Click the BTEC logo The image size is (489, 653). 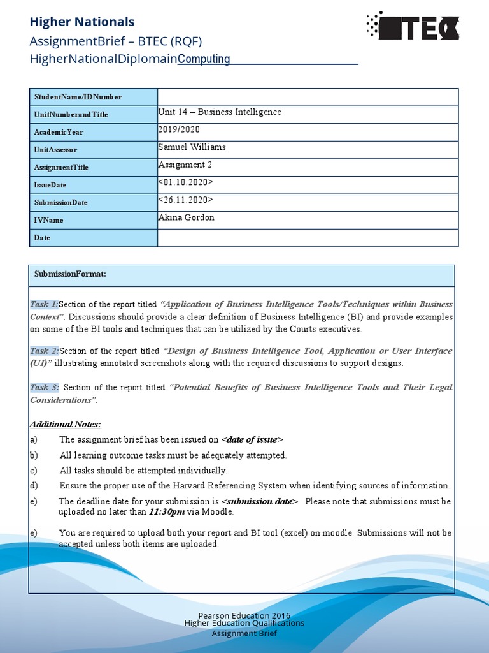pyautogui.click(x=413, y=26)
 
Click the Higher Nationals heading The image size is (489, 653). pyautogui.click(x=82, y=22)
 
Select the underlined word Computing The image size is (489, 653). pyautogui.click(x=204, y=59)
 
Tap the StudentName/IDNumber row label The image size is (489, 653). pyautogui.click(x=78, y=97)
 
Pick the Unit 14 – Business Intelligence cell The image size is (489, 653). pyautogui.click(x=220, y=112)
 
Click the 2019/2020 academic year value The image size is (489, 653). pyautogui.click(x=179, y=129)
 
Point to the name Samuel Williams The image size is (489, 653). pyautogui.click(x=192, y=147)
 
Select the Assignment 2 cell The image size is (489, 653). pyautogui.click(x=185, y=165)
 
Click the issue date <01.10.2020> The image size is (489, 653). pyautogui.click(x=185, y=182)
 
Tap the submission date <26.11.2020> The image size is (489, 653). pyautogui.click(x=185, y=200)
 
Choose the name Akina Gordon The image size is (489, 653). pyautogui.click(x=186, y=217)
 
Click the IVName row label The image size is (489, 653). pyautogui.click(x=49, y=220)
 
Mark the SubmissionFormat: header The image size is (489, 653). pyautogui.click(x=70, y=274)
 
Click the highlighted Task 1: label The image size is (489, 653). pyautogui.click(x=45, y=304)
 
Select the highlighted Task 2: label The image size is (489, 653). pyautogui.click(x=45, y=351)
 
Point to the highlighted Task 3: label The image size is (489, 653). pyautogui.click(x=45, y=387)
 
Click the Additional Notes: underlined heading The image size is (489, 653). pyautogui.click(x=66, y=425)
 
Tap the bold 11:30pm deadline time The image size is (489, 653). pyautogui.click(x=167, y=511)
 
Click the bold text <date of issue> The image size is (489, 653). pyautogui.click(x=252, y=439)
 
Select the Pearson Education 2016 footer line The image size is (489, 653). pyautogui.click(x=244, y=615)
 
